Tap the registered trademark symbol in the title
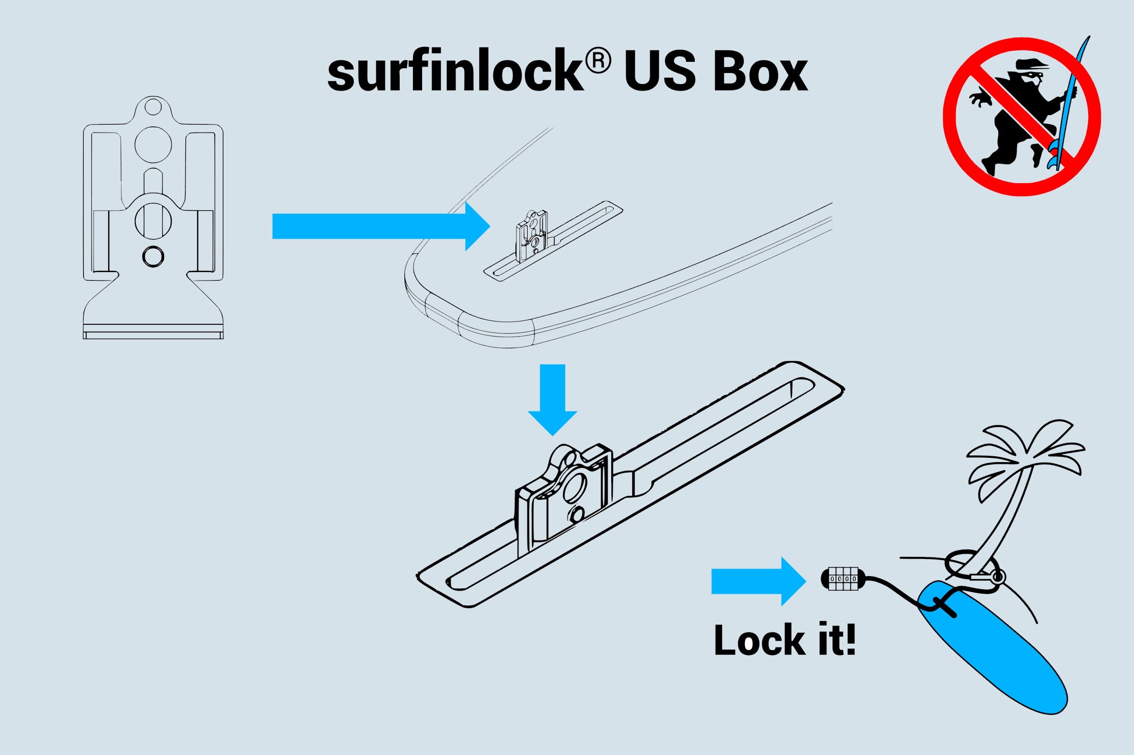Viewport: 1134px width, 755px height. pos(598,61)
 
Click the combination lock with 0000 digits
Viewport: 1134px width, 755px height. pos(843,579)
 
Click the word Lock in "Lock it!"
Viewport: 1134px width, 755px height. pos(759,640)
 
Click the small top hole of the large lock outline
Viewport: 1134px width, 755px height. pos(153,107)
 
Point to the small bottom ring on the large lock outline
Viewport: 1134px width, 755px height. pos(153,257)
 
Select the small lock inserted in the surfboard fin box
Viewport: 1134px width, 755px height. pos(532,234)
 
